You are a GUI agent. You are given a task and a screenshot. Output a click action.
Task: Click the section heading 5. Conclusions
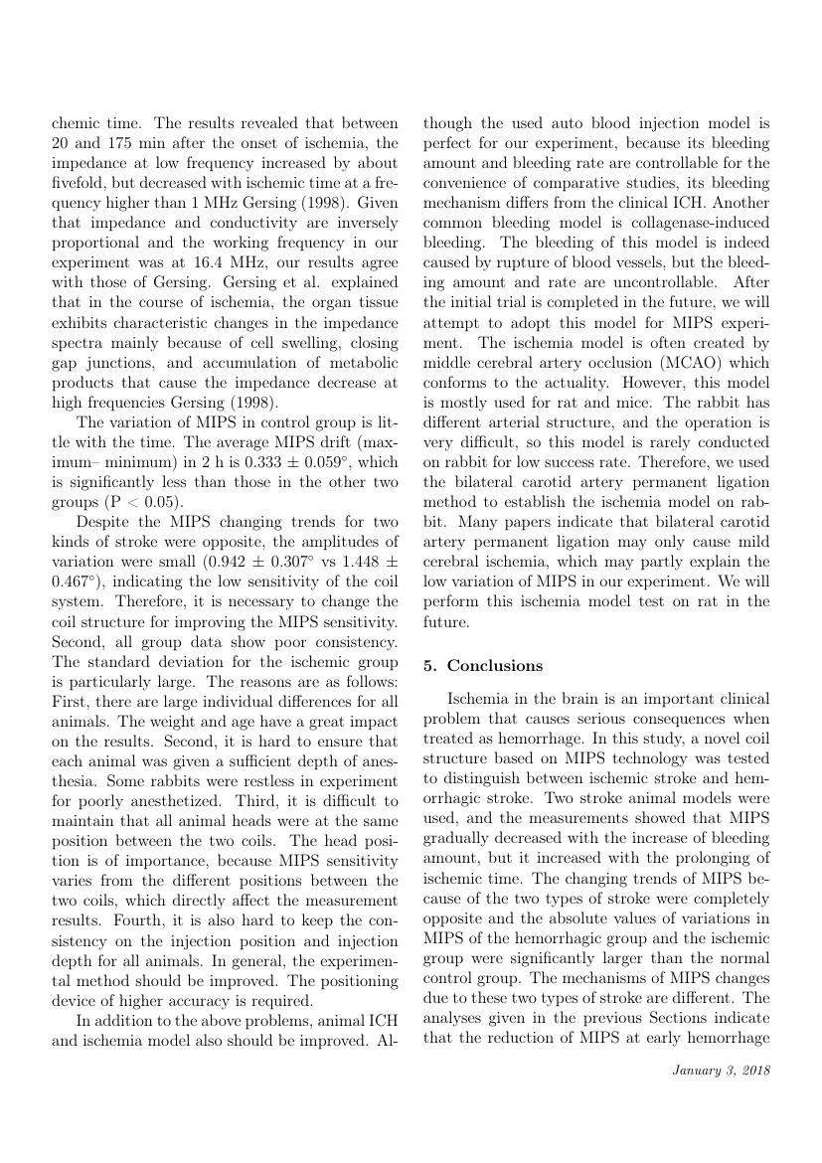(x=483, y=666)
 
